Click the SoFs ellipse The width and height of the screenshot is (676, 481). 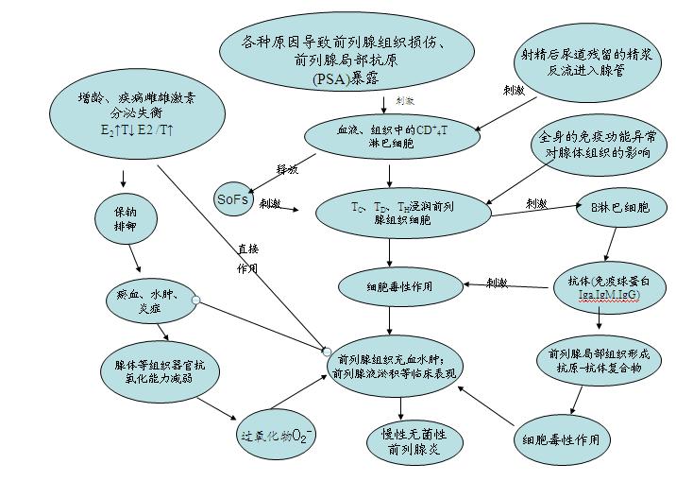pyautogui.click(x=231, y=199)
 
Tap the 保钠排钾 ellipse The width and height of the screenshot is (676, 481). pyautogui.click(x=120, y=220)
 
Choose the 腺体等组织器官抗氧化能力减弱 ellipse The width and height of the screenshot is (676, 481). pyautogui.click(x=158, y=371)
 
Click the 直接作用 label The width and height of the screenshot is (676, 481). pyautogui.click(x=247, y=258)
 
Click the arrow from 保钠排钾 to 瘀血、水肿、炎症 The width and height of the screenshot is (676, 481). pyautogui.click(x=137, y=260)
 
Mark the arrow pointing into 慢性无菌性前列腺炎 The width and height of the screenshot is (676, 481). pyautogui.click(x=403, y=404)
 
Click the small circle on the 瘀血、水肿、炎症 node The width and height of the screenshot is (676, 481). pyautogui.click(x=195, y=300)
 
